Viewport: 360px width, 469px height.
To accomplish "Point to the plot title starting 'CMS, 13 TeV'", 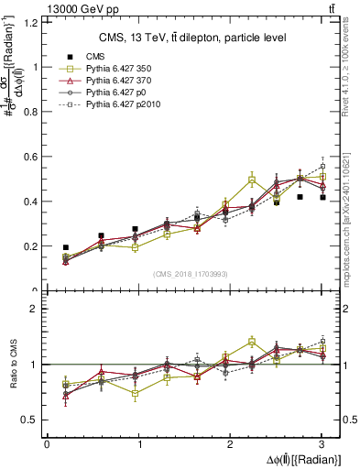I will tap(192, 38).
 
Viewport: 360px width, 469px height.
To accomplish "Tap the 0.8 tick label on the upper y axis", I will tap(30, 112).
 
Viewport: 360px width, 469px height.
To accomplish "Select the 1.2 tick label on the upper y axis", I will tap(30, 22).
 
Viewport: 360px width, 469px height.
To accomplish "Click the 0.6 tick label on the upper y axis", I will tap(30, 157).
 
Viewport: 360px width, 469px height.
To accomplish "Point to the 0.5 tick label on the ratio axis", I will tap(30, 420).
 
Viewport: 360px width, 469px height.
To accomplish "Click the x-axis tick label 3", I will tap(322, 445).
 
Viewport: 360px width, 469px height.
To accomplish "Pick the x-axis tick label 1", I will tap(139, 445).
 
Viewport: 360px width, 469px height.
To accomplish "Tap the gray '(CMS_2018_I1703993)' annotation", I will tap(193, 274).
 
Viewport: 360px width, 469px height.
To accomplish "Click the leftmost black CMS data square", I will tap(66, 247).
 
